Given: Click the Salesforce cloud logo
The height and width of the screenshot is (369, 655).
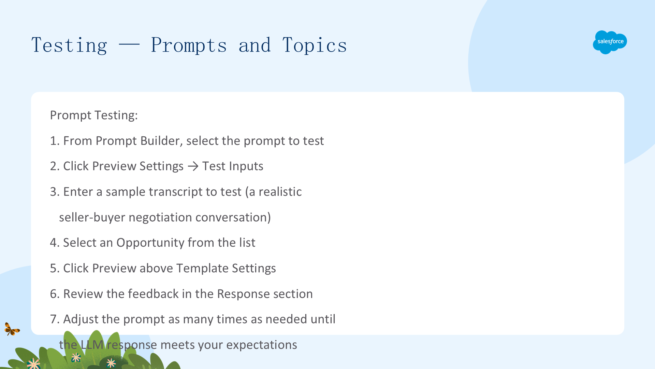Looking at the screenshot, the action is coord(610,42).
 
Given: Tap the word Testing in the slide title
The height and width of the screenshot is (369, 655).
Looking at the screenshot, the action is coord(69,45).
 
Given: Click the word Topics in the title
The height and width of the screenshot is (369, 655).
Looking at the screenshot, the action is coord(315,45).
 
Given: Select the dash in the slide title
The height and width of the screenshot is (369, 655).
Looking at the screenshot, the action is coord(129,44).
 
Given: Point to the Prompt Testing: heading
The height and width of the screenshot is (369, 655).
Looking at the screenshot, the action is coord(94,115).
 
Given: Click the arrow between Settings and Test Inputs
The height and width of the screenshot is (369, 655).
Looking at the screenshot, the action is coord(193,166).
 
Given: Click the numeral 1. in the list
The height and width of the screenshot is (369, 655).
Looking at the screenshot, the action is coord(55,141).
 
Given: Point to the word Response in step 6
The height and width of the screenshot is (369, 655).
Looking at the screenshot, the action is coord(241,294).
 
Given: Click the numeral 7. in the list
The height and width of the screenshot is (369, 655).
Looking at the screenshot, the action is coord(55,319).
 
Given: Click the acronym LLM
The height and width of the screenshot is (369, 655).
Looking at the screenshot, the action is coord(92,345).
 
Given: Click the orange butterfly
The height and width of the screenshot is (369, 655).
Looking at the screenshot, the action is coord(12,329).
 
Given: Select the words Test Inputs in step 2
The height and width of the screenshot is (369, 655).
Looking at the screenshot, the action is coord(233,166).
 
